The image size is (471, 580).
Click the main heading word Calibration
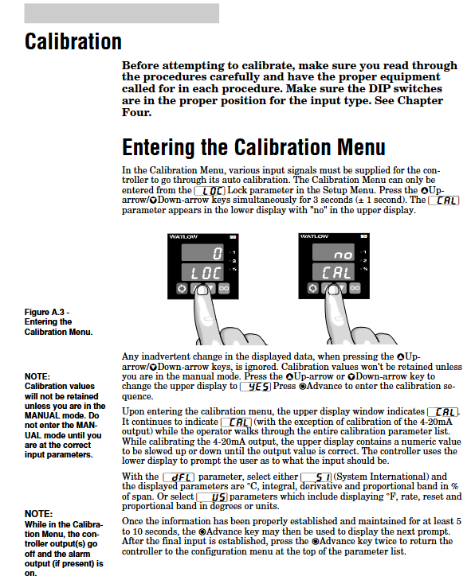tap(73, 41)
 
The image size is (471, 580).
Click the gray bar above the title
tap(122, 14)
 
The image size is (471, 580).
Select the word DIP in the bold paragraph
tap(379, 89)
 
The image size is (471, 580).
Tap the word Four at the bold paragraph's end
tap(136, 112)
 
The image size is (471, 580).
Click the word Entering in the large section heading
tap(159, 148)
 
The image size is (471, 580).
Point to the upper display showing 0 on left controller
tap(202, 253)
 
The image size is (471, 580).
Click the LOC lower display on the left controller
tap(202, 273)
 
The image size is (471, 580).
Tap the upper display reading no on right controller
tap(333, 253)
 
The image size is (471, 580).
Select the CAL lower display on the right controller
tap(333, 273)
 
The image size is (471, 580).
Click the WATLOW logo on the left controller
tap(183, 237)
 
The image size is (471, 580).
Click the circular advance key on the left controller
tap(182, 289)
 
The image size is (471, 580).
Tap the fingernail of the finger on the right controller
tap(333, 290)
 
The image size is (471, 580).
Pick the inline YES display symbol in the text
tap(256, 387)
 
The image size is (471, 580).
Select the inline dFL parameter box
tap(179, 477)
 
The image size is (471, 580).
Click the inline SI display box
tap(316, 477)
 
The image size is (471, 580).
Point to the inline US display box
tap(212, 497)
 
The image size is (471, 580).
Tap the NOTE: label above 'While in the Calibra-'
tap(38, 514)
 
